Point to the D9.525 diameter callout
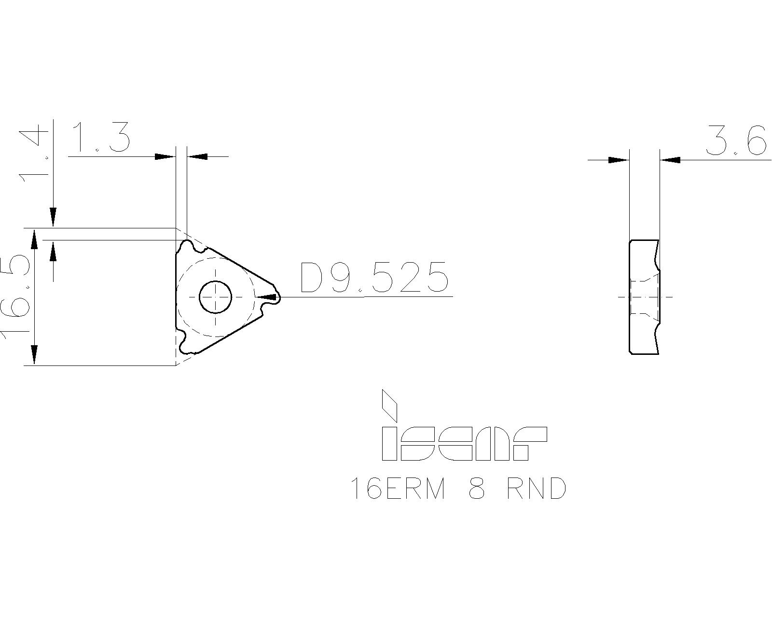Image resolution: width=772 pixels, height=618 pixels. click(x=374, y=278)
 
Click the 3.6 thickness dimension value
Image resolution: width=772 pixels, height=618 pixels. click(x=736, y=141)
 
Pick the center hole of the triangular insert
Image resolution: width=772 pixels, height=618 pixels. click(x=216, y=296)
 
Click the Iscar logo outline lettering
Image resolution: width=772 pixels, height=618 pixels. click(x=463, y=443)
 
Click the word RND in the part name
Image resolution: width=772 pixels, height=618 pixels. click(x=536, y=489)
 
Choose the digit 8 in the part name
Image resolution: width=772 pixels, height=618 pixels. click(x=477, y=489)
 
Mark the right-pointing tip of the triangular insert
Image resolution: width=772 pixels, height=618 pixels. click(x=277, y=297)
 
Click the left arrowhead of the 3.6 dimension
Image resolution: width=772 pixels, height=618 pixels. click(x=619, y=160)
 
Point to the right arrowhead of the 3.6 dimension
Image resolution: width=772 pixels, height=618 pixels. click(x=671, y=160)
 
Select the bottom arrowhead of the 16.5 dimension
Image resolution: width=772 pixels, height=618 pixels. click(x=34, y=355)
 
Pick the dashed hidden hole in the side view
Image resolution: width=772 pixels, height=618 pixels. click(x=644, y=296)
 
